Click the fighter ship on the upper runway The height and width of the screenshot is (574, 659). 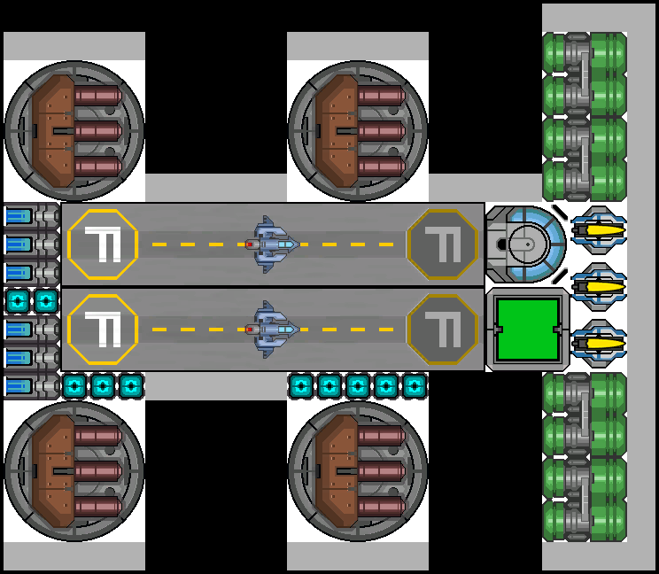click(270, 244)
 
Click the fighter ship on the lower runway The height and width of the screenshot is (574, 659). click(270, 329)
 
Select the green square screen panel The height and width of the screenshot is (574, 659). click(529, 329)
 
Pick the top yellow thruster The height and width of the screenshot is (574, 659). click(599, 229)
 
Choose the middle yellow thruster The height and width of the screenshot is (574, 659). click(599, 285)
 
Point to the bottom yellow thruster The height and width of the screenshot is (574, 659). click(599, 342)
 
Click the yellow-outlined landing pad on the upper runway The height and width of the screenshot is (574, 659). click(103, 244)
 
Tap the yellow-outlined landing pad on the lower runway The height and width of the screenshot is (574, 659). click(103, 330)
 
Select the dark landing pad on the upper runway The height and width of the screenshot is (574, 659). click(443, 244)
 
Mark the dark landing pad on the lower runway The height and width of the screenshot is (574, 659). click(443, 330)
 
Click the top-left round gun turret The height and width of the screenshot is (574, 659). click(74, 131)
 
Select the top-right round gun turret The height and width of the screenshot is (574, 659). click(358, 131)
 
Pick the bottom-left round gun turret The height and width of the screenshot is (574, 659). click(74, 471)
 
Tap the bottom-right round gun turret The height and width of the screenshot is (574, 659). click(358, 471)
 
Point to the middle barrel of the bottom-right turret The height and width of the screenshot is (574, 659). click(381, 471)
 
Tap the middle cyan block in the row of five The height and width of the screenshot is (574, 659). click(358, 386)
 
